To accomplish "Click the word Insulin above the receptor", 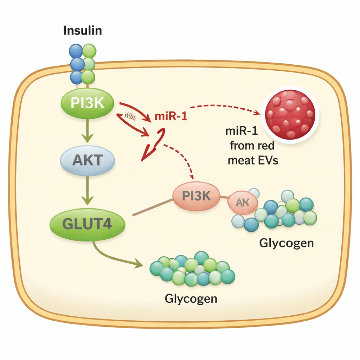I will pos(82,31).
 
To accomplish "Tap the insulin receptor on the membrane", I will pos(83,64).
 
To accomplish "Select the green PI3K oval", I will pos(88,103).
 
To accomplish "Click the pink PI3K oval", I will pos(196,196).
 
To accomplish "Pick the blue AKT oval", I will pos(88,161).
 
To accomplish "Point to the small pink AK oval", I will pos(243,203).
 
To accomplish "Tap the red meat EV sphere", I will pos(290,114).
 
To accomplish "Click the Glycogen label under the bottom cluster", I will pos(191,298).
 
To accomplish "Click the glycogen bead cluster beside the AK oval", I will pos(281,213).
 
